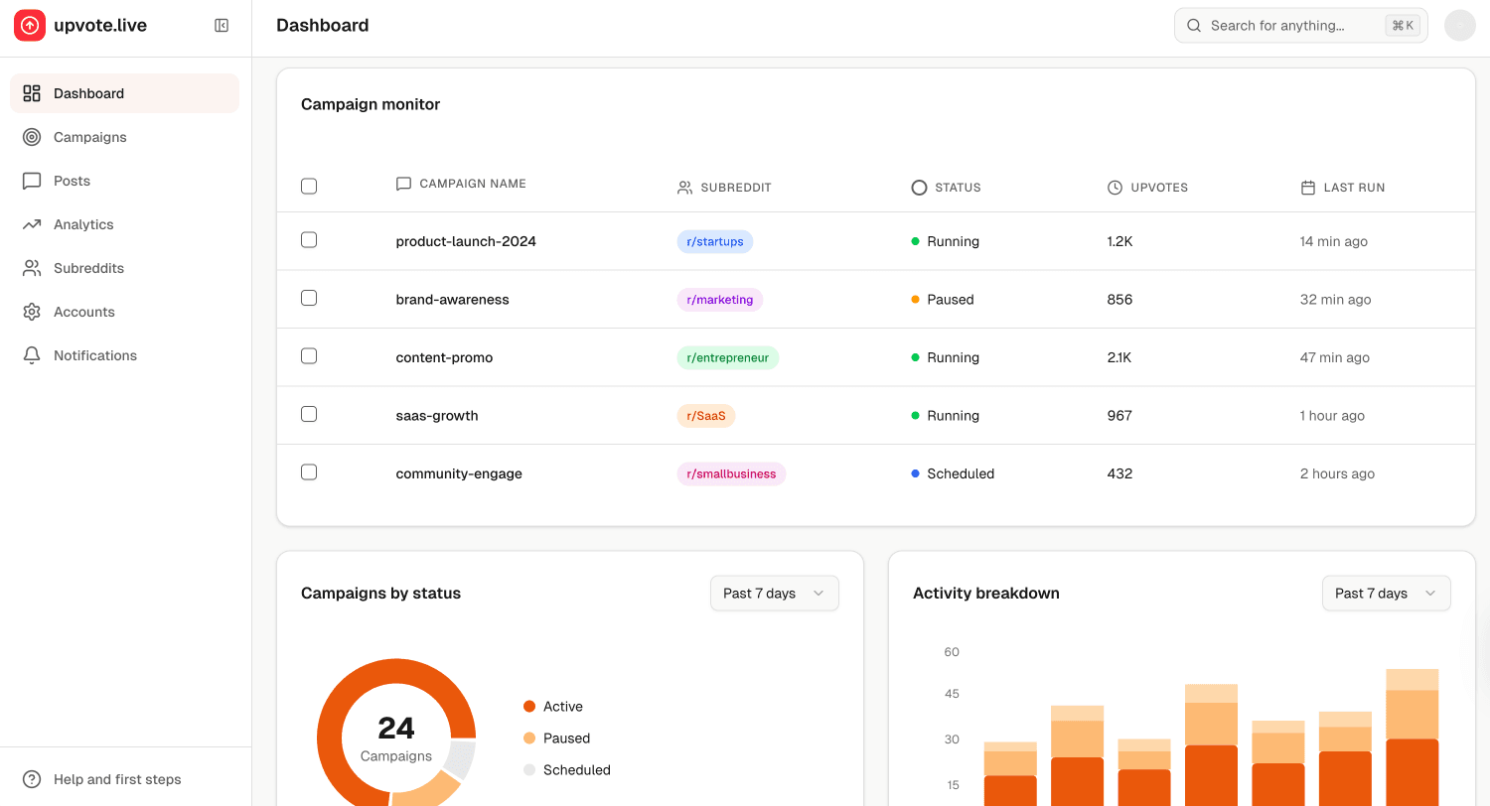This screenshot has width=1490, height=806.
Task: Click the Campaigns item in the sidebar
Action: pos(89,137)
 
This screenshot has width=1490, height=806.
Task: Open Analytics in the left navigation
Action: pos(83,224)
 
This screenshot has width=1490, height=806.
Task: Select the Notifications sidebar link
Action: pos(94,355)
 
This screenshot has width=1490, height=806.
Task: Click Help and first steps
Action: pos(116,779)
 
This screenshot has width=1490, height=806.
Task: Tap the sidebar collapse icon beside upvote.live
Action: pos(222,26)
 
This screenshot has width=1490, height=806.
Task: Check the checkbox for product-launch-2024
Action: pos(309,240)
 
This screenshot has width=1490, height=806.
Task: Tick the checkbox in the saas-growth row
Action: pos(309,415)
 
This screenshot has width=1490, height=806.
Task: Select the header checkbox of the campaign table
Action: pos(309,187)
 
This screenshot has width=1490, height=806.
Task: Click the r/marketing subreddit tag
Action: pos(719,300)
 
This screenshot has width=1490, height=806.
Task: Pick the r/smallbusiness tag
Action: pos(730,473)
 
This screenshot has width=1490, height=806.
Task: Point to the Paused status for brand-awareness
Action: pos(949,300)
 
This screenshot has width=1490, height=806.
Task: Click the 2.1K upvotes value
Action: pos(1118,357)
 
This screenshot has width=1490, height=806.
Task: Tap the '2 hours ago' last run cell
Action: pos(1336,473)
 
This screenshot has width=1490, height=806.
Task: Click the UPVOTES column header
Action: pos(1158,188)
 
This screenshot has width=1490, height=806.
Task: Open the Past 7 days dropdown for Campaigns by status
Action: pos(774,594)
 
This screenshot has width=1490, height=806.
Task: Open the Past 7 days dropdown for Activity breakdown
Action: pos(1386,594)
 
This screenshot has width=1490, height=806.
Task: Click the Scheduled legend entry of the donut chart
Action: pos(576,770)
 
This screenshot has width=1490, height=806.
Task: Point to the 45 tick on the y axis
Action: pos(952,694)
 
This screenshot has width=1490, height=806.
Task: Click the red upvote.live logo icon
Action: pos(30,26)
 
